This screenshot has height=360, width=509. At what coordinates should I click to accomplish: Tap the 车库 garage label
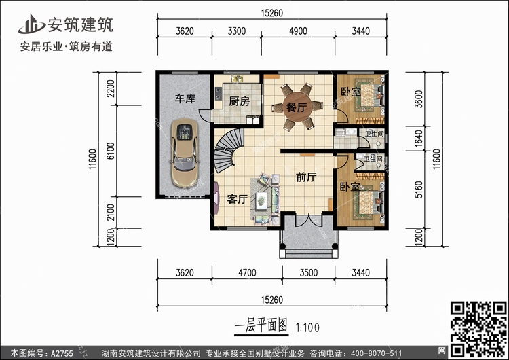[185, 100]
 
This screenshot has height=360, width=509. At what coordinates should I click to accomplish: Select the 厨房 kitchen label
[235, 102]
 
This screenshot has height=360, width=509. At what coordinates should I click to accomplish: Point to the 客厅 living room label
[236, 200]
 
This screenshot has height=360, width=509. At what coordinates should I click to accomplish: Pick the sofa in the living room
[263, 198]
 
